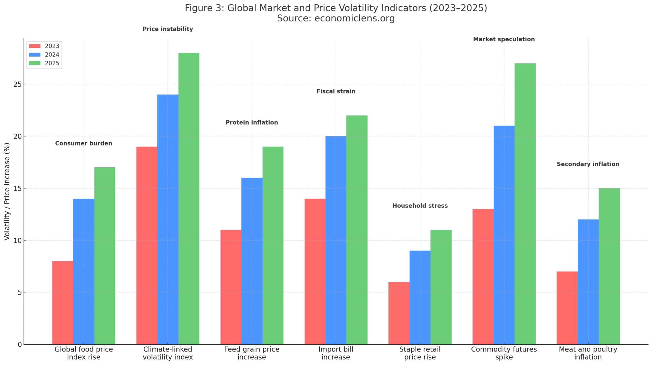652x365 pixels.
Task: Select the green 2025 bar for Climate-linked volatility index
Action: [x=189, y=199]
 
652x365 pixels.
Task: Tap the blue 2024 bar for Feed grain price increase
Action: [x=252, y=261]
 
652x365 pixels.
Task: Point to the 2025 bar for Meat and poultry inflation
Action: [x=609, y=266]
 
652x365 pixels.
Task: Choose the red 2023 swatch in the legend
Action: [x=35, y=46]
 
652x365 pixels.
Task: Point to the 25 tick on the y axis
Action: [x=17, y=84]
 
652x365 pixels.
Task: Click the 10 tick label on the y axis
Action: [x=17, y=240]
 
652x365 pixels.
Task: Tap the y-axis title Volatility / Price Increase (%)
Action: [x=7, y=191]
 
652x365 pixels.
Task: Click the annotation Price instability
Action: [x=168, y=29]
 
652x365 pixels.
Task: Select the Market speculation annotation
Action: [x=504, y=39]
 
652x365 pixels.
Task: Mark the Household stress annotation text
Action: [x=420, y=206]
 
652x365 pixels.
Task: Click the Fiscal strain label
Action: [x=336, y=91]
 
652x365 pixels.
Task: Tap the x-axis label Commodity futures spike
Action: [x=504, y=353]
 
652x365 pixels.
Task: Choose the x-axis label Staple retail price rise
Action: [x=420, y=353]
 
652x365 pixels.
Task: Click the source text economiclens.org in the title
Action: [x=354, y=18]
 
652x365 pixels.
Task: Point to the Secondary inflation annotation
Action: [x=588, y=164]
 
